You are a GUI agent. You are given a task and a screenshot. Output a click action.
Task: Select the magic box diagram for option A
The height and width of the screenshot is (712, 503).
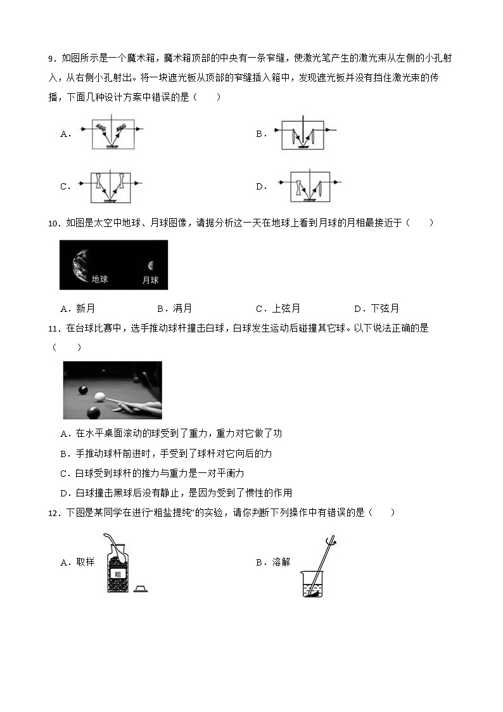pyautogui.click(x=113, y=134)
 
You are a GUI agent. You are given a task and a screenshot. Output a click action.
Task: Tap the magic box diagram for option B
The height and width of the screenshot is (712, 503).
pyautogui.click(x=303, y=134)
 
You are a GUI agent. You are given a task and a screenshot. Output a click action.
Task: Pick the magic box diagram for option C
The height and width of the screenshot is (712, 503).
pyautogui.click(x=111, y=187)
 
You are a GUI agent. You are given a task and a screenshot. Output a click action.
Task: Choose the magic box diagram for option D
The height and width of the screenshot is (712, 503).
pyautogui.click(x=310, y=187)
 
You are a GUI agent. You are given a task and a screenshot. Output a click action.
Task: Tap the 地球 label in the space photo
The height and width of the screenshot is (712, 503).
pyautogui.click(x=99, y=279)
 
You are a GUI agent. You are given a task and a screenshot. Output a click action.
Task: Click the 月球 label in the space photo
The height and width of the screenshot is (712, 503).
pyautogui.click(x=150, y=280)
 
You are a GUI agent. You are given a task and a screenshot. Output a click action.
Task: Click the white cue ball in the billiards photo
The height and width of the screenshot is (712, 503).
pyautogui.click(x=99, y=397)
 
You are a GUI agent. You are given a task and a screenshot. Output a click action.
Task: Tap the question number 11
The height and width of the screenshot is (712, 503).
pyautogui.click(x=53, y=328)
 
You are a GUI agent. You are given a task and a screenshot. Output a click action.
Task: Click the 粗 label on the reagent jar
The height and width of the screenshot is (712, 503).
pyautogui.click(x=117, y=573)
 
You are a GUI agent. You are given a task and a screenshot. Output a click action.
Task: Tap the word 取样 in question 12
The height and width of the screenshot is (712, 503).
pyautogui.click(x=85, y=562)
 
